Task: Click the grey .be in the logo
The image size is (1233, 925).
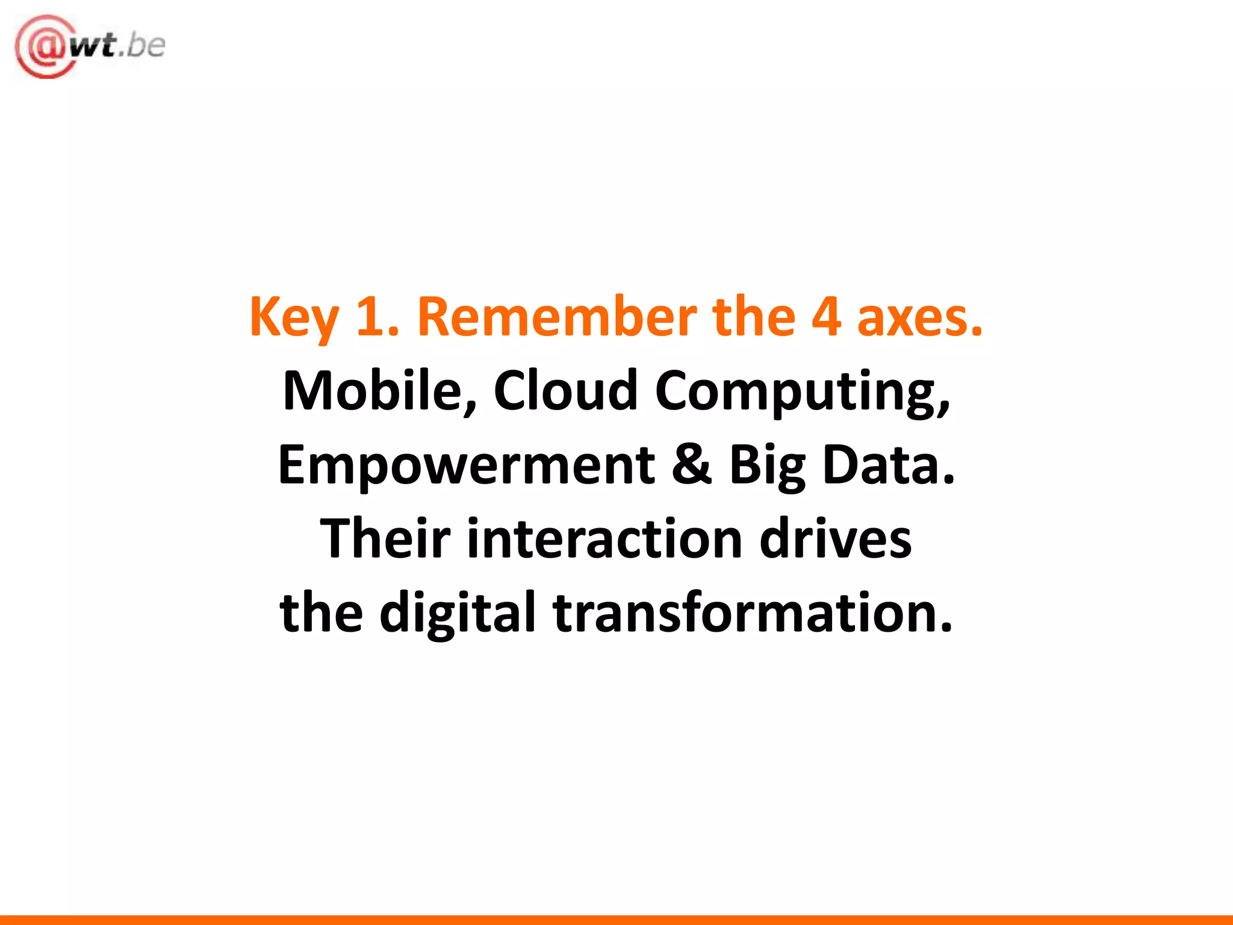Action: [x=142, y=46]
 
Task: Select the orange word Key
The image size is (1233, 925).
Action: [x=294, y=318]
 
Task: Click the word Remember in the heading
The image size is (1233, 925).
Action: [x=557, y=317]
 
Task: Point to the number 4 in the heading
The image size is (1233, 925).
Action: [x=826, y=317]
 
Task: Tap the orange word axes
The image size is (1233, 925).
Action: [x=919, y=318]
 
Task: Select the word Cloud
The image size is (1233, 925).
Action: [x=565, y=391]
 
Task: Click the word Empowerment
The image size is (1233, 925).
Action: [x=466, y=466]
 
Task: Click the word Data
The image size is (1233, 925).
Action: [x=888, y=465]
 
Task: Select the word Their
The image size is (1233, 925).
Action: [x=385, y=538]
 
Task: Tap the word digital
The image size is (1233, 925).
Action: [x=458, y=613]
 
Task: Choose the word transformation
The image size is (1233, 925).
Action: [x=753, y=612]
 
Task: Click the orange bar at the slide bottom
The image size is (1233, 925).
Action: [x=616, y=920]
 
